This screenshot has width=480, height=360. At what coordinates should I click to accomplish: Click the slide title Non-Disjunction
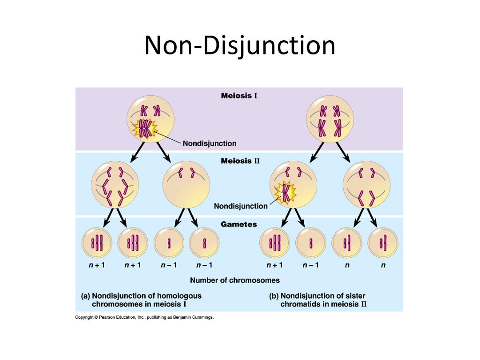point(240,46)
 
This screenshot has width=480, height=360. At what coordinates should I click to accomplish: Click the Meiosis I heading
point(239,96)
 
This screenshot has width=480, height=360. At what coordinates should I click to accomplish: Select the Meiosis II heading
point(240,161)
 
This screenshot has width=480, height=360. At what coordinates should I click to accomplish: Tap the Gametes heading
point(239,225)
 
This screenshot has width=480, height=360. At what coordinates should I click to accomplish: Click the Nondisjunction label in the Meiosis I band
point(210,143)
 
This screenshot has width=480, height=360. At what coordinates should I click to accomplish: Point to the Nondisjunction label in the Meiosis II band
point(240,206)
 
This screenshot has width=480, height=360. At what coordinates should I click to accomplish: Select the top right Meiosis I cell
point(330,120)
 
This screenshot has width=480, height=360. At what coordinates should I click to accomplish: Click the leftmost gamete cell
point(97,243)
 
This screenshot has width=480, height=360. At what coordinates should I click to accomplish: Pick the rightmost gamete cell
point(383,243)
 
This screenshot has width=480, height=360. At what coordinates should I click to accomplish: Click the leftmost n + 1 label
point(97,265)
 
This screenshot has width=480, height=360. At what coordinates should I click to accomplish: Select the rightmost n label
point(383,265)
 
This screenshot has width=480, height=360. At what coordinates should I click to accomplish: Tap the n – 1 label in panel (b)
point(311,265)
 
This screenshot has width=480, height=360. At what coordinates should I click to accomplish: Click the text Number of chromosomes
point(235,280)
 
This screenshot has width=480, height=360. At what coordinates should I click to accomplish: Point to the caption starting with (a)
point(142,300)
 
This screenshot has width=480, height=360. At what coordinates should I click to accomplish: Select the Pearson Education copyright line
point(144,317)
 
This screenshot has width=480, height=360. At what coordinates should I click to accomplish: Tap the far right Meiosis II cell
point(367,185)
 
